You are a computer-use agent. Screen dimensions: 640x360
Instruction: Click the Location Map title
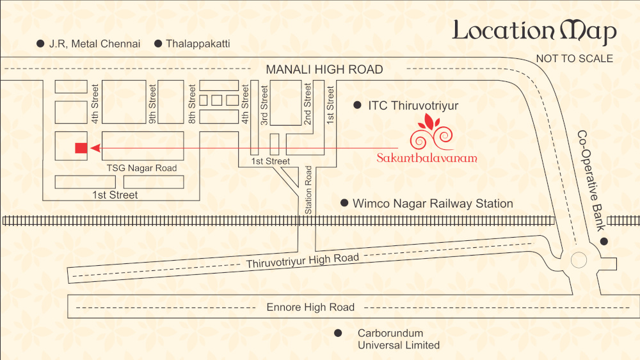(534, 31)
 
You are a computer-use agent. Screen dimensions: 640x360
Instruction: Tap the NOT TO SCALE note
(574, 59)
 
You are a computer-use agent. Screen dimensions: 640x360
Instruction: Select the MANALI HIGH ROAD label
(324, 69)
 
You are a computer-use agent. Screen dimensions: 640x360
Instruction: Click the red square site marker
(81, 148)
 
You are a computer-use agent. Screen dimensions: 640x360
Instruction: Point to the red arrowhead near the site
(95, 148)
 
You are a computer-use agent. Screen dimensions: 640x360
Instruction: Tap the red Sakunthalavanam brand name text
(427, 158)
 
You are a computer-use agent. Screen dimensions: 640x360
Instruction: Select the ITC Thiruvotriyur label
(413, 106)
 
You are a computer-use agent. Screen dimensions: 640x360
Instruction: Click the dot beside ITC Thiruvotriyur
(357, 106)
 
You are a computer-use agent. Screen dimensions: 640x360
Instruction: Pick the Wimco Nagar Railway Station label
(433, 204)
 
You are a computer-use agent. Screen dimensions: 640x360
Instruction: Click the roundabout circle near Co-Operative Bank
(579, 260)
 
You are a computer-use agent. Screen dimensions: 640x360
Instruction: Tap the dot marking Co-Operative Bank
(604, 241)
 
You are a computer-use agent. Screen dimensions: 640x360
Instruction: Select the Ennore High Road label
(310, 307)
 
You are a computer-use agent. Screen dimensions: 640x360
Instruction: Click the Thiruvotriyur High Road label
(303, 260)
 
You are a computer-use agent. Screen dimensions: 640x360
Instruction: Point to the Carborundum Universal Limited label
(398, 339)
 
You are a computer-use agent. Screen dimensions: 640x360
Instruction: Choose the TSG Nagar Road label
(141, 168)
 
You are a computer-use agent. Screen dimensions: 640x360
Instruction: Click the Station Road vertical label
(308, 190)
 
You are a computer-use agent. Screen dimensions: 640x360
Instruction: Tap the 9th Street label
(152, 104)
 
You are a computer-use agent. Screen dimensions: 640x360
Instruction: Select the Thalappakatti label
(198, 44)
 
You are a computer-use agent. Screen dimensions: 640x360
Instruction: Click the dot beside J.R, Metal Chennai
(40, 44)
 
